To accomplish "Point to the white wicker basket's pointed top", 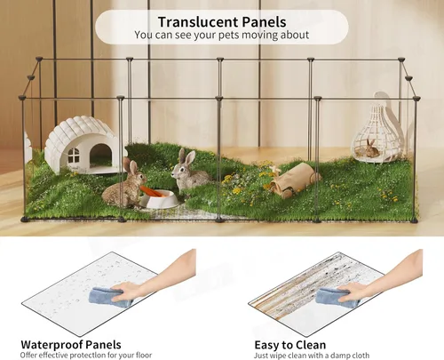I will [383, 100].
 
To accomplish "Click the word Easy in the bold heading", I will [264, 345].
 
